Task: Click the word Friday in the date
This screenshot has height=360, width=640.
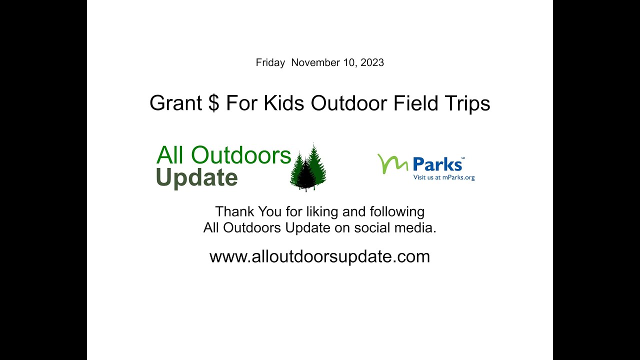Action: [x=270, y=63]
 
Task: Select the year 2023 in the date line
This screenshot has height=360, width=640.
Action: [x=372, y=63]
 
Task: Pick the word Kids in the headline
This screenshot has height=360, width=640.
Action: [x=284, y=103]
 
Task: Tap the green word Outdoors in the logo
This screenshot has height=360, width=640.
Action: [x=241, y=155]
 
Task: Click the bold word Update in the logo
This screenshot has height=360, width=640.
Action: [x=196, y=178]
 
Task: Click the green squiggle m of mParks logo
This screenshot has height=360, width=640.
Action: [x=393, y=163]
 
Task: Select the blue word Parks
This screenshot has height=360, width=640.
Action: [x=437, y=164]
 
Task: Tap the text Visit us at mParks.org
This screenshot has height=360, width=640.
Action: [x=443, y=177]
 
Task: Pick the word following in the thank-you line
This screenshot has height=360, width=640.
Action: [x=397, y=211]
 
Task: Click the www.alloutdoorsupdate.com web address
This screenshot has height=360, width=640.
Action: [x=319, y=256]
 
